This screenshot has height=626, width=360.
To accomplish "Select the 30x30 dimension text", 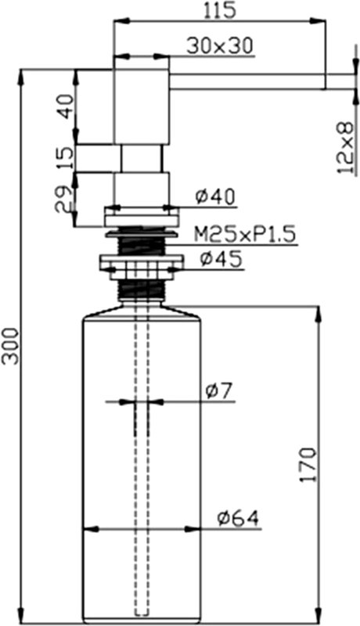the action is click(220, 46).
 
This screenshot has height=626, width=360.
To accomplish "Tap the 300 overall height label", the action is click(10, 346).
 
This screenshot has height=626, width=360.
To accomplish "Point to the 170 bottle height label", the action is click(308, 466).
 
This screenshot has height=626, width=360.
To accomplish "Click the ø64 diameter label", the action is click(238, 518).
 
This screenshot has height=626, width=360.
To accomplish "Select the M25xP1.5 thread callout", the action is click(246, 234).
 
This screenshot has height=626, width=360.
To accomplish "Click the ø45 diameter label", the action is click(221, 260).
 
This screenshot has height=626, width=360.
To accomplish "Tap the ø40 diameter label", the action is click(215, 196).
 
